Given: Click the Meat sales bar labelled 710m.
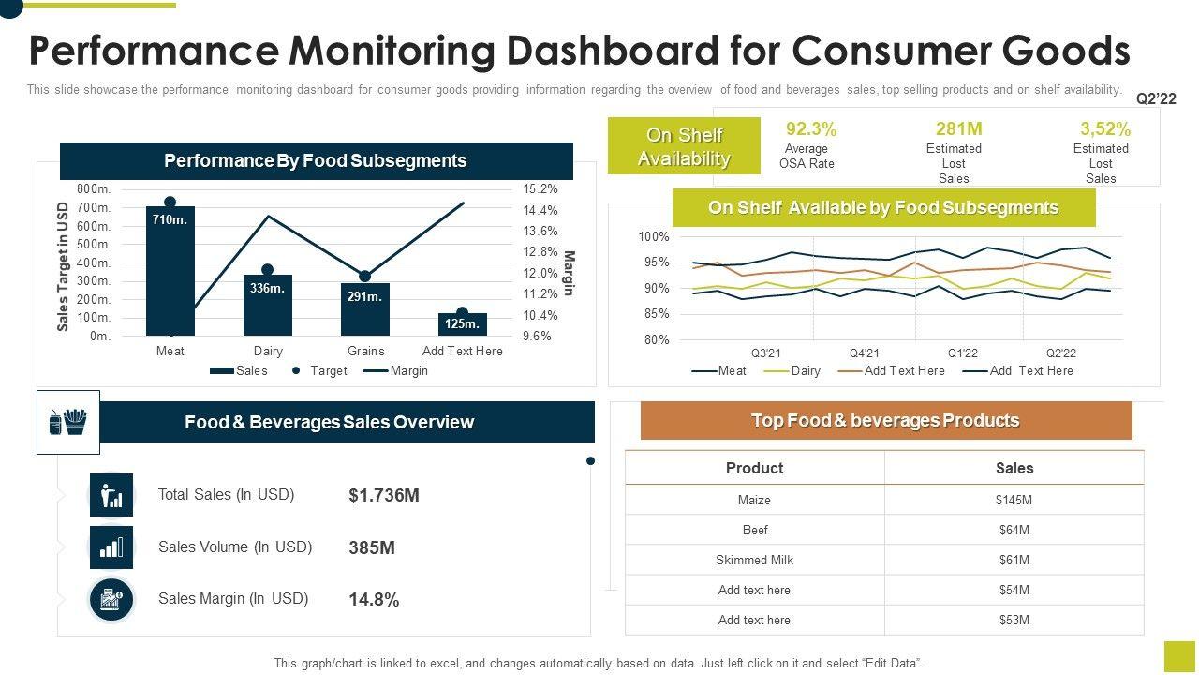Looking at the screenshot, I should (170, 272).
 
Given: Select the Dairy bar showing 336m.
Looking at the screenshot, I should (268, 306).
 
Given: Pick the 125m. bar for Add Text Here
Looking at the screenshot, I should (462, 324).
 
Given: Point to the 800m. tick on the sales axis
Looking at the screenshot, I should (94, 189).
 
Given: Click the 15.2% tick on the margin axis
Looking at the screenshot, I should (540, 189).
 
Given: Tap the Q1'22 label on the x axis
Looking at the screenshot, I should (962, 353).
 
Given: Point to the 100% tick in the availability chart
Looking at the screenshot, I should (654, 237).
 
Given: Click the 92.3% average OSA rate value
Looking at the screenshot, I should (811, 129).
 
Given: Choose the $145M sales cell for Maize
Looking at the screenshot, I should (1014, 501).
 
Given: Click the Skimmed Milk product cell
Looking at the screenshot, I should (754, 561).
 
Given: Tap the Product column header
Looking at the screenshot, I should (754, 468).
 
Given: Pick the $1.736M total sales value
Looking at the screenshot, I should (383, 495).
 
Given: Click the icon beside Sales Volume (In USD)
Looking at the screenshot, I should (111, 547).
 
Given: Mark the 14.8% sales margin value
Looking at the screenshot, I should (374, 600).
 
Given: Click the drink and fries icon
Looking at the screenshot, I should (67, 422).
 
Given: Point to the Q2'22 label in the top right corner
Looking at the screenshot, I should (1155, 98).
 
